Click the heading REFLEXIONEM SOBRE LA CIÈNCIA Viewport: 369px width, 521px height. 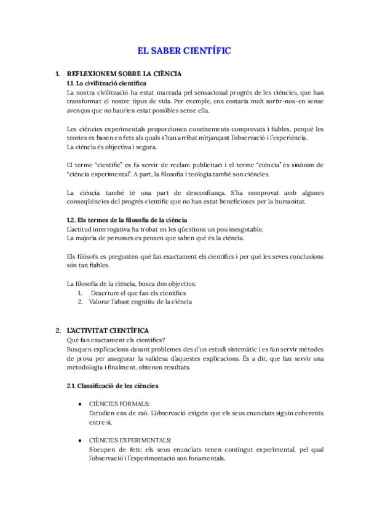tap(124, 74)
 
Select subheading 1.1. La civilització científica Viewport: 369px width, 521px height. tap(106, 83)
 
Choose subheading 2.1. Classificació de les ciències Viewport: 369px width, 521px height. tap(113, 386)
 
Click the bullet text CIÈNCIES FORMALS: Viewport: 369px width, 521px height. tap(119, 404)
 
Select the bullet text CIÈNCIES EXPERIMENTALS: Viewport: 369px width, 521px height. tap(130, 441)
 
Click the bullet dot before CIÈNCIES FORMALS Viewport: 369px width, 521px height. tap(81, 404)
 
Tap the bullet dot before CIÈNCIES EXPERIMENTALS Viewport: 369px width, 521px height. tap(81, 441)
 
